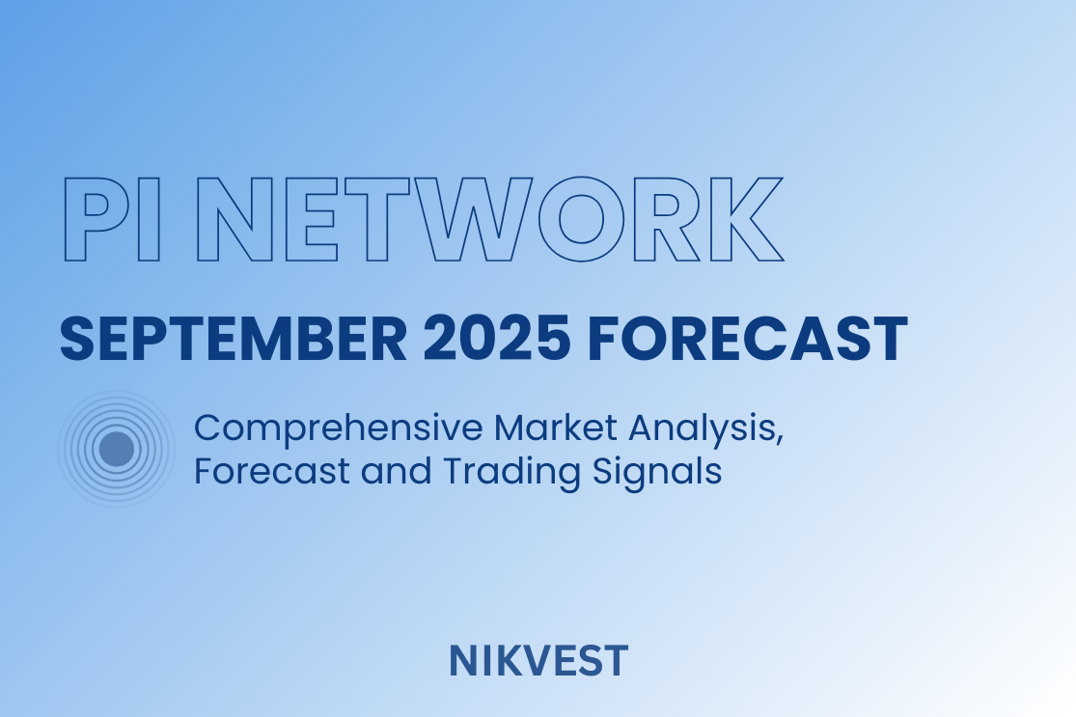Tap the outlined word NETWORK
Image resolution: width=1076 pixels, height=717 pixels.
(x=490, y=220)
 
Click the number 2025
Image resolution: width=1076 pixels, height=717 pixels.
(x=496, y=339)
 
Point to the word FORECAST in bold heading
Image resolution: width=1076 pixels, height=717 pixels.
(x=747, y=339)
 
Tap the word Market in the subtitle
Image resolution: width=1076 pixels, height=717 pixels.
(x=555, y=427)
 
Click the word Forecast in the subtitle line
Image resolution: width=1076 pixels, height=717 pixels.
(x=272, y=471)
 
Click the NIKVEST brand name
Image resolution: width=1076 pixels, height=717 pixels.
(x=538, y=661)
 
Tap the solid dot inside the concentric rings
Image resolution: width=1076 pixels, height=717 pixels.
(x=116, y=449)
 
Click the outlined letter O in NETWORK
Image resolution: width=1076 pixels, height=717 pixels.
(x=581, y=220)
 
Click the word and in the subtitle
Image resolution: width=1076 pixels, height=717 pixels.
(x=396, y=471)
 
